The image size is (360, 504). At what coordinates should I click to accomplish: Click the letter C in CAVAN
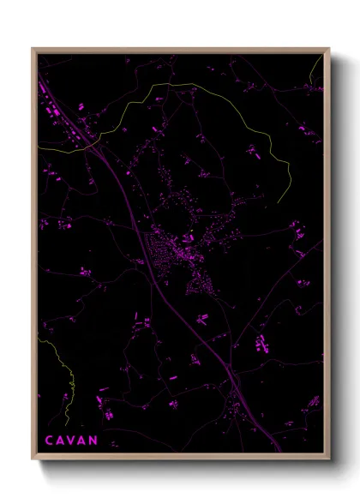point(48,441)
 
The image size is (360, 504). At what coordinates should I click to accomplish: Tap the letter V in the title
point(71,441)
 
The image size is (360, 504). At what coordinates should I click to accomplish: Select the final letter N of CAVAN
point(93,441)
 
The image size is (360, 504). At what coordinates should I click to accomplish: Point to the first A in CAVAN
point(59,441)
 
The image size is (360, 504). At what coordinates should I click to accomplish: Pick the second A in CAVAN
point(82,441)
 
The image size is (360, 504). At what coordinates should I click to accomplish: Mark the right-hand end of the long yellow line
point(291,192)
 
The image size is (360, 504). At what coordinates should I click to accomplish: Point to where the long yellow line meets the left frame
point(39,148)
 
